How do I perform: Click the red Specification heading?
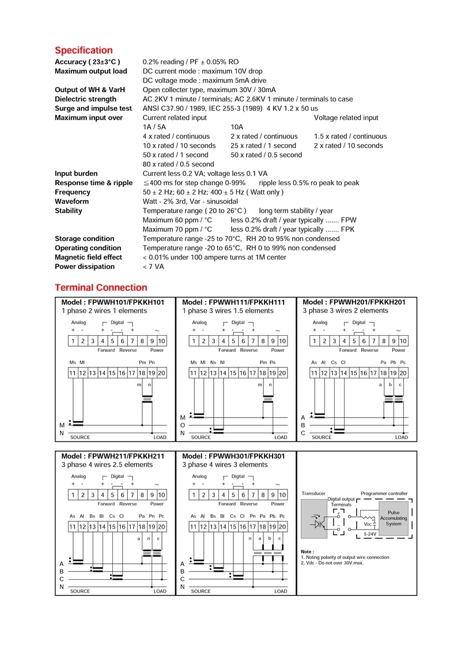pos(84,50)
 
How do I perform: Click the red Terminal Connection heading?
pos(101,287)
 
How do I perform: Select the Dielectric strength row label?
pos(85,99)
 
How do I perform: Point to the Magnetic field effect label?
pos(88,257)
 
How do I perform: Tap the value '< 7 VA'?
pos(153,267)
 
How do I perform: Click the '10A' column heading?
pos(237,127)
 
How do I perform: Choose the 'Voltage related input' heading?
pos(346,118)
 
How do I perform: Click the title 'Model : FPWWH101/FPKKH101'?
pos(113,302)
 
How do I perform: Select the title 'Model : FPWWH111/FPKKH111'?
pos(233,302)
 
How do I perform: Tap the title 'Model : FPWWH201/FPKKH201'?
pos(354,302)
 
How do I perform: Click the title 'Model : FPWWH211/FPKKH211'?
pos(113,456)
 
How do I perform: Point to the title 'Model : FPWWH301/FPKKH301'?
pos(233,456)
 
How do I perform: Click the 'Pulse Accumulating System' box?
pos(394,518)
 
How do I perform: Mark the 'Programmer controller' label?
pos(384,494)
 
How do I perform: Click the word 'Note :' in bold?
pos(308,551)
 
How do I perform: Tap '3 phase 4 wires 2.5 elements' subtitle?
pos(107,464)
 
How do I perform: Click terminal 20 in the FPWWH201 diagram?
pos(403,373)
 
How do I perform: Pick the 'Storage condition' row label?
pos(84,239)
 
